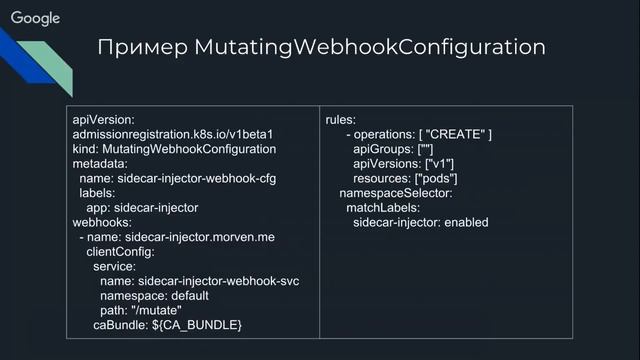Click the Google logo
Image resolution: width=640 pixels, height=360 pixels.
(x=36, y=18)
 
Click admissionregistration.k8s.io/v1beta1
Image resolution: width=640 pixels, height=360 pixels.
(x=173, y=134)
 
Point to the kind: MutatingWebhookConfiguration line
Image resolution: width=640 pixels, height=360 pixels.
(x=174, y=149)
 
